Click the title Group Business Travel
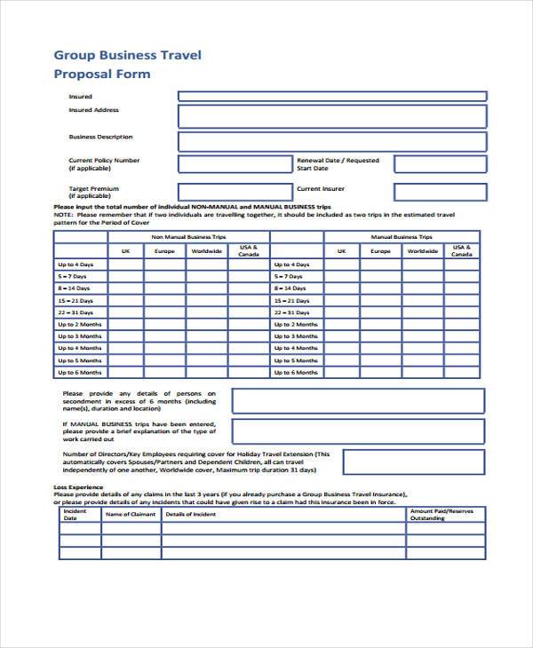tap(128, 55)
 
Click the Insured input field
tap(331, 96)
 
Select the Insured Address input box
tap(331, 116)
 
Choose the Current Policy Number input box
tap(235, 164)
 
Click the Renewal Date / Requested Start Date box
tap(440, 164)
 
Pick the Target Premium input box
tap(235, 192)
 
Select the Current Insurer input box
tap(440, 192)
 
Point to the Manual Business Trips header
tap(401, 237)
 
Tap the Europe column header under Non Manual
tap(164, 251)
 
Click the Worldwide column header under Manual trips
tap(423, 251)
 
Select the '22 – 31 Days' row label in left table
tap(76, 312)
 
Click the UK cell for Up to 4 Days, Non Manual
tap(125, 265)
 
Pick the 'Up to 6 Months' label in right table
tap(295, 373)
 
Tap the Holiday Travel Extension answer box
tap(414, 462)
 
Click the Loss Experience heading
tap(78, 487)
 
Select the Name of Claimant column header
tap(131, 515)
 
